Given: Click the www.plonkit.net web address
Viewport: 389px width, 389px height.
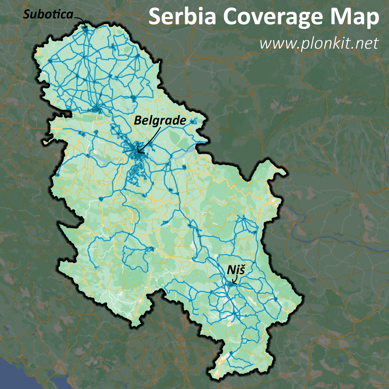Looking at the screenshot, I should tap(319, 43).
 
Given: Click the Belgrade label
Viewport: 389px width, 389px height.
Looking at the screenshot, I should tap(160, 121).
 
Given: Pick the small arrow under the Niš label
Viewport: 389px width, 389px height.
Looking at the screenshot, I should tap(235, 279).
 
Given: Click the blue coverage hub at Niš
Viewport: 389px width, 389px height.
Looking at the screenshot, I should tap(231, 284).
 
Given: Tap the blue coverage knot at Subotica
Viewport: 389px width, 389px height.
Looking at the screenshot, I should tap(85, 28).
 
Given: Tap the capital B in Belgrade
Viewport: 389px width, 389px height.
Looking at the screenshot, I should tap(138, 121).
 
